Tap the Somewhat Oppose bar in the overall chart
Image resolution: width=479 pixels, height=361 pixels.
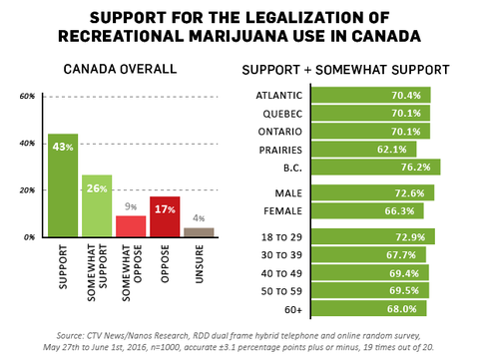131,225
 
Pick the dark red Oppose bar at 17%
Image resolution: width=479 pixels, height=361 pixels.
165,215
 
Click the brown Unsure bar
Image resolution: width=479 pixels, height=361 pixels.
200,232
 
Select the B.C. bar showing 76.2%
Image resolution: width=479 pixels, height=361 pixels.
375,167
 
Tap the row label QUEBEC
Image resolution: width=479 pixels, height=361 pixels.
277,113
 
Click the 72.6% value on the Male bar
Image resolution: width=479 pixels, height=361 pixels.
409,192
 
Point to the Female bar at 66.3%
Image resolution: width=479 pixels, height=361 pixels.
367,210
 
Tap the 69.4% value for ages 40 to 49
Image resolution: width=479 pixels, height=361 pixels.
407,272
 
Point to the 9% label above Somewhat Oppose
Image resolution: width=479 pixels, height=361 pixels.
131,207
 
